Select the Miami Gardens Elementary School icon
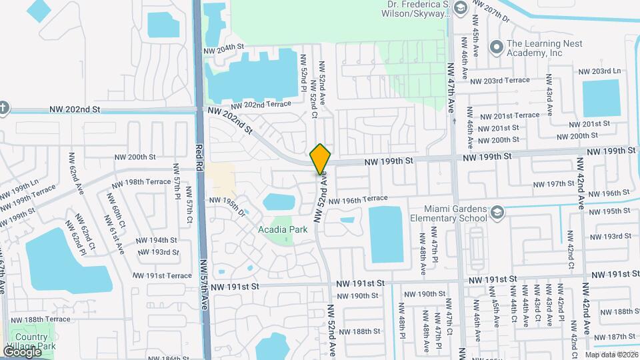496,212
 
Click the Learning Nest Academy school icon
495,47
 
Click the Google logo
22,351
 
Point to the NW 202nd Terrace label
261,105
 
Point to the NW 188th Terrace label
41,319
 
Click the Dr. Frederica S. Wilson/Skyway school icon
459,8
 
